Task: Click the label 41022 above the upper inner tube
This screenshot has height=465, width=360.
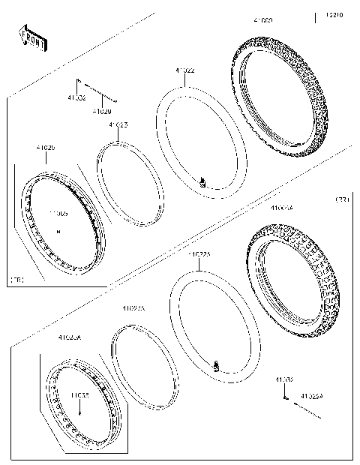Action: tap(185, 70)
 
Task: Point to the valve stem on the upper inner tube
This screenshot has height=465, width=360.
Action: tap(202, 181)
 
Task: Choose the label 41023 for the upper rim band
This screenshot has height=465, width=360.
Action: tap(118, 124)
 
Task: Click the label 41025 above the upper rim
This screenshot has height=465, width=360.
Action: tap(46, 148)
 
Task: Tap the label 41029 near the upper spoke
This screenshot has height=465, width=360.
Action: tap(103, 112)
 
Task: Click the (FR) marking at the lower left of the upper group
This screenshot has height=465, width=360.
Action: tap(16, 279)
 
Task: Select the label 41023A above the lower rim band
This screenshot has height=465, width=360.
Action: tap(133, 307)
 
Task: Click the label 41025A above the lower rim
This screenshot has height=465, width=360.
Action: tap(69, 338)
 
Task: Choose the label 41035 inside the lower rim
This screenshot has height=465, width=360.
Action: tap(80, 392)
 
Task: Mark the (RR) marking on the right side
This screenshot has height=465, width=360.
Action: tap(341, 199)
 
